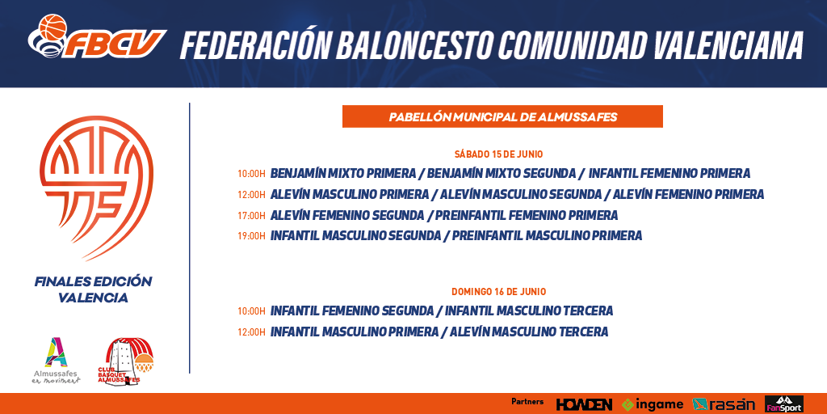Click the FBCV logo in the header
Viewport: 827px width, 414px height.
(x=98, y=36)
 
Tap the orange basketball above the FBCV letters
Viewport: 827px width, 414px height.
(x=52, y=27)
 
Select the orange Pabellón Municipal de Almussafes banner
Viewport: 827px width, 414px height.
(x=502, y=116)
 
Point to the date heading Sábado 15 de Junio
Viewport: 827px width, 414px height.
(x=499, y=154)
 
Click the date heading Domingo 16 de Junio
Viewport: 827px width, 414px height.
(x=499, y=291)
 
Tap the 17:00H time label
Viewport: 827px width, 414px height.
(x=251, y=215)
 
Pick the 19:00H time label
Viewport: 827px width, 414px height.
(x=251, y=236)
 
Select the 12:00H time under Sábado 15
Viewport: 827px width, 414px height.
(x=251, y=194)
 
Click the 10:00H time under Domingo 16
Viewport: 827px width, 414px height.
(x=251, y=311)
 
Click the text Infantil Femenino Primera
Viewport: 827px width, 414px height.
(x=670, y=173)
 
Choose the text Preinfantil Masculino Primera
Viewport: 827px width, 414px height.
(x=547, y=236)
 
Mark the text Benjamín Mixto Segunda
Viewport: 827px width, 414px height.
(x=502, y=173)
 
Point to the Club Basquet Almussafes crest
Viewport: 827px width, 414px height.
(x=129, y=361)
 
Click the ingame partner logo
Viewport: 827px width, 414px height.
(x=653, y=404)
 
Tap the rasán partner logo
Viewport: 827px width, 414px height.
(x=724, y=404)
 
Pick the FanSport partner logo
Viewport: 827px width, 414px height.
(x=784, y=404)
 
